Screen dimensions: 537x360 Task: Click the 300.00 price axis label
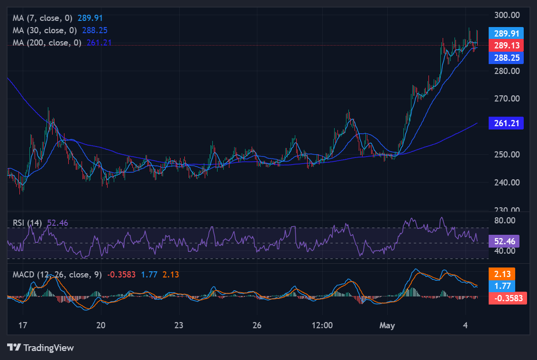[507, 15]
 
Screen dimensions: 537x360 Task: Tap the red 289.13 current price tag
[506, 45]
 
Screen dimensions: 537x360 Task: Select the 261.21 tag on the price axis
[506, 123]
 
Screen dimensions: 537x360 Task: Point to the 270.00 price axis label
[507, 99]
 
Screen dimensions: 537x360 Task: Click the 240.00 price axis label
[507, 183]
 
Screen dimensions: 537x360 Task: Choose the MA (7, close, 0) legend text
[43, 18]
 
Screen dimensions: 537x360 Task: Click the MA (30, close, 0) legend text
[45, 30]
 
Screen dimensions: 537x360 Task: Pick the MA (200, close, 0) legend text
[47, 43]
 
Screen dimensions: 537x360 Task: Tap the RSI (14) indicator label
[27, 223]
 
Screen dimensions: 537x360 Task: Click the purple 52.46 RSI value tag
[504, 241]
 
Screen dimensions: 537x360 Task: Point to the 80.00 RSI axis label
[505, 221]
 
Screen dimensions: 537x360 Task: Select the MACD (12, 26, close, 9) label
[57, 275]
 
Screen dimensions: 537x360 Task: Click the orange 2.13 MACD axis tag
[502, 274]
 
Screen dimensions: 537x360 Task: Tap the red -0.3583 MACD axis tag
[508, 298]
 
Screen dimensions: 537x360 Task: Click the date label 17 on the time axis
[23, 325]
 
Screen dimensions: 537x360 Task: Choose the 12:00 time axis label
[322, 325]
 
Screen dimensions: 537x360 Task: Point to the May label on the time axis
[387, 325]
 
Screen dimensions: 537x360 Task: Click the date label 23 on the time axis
[179, 325]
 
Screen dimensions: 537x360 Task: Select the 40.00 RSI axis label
[505, 251]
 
